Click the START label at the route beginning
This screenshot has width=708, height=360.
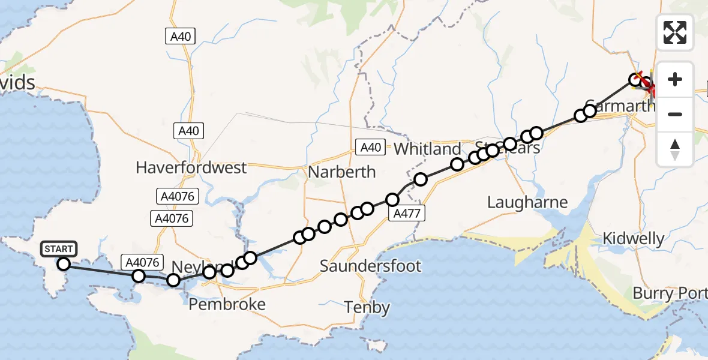(58, 248)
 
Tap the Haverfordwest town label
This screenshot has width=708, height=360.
(191, 167)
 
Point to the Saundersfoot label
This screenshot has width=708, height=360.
(370, 266)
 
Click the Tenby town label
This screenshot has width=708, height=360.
(367, 308)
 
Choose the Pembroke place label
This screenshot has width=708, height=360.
(227, 305)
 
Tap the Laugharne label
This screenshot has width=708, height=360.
(527, 202)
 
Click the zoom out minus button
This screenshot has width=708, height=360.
(675, 114)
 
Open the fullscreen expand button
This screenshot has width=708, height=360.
(675, 32)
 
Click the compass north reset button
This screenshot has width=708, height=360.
(675, 149)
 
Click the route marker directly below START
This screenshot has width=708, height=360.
(64, 263)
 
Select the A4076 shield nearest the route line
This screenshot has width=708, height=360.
(142, 262)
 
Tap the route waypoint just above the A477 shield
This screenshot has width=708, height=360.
(393, 199)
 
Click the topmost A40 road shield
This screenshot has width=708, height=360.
(180, 37)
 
